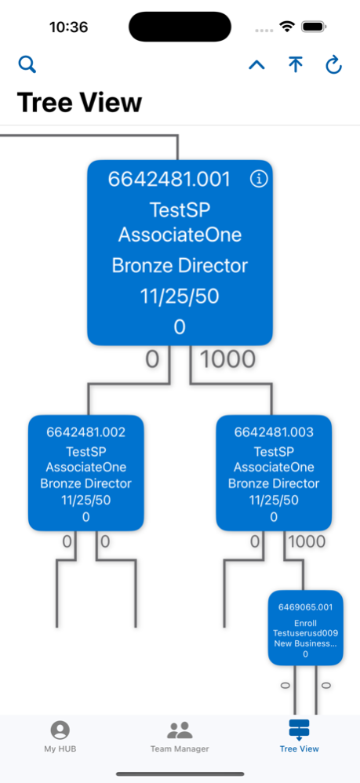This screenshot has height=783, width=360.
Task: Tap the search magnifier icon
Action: pyautogui.click(x=27, y=64)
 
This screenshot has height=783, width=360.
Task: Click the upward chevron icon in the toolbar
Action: pyautogui.click(x=256, y=64)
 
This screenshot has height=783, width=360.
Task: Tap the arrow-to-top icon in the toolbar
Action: pyautogui.click(x=295, y=64)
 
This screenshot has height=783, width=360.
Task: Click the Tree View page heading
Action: pyautogui.click(x=79, y=102)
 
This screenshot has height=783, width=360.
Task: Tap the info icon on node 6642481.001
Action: pyautogui.click(x=259, y=179)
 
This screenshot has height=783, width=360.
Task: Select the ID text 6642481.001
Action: pyautogui.click(x=169, y=179)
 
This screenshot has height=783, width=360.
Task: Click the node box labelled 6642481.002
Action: pyautogui.click(x=85, y=473)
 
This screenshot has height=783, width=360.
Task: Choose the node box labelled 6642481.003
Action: pyautogui.click(x=274, y=473)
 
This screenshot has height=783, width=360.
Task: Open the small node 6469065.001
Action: pyautogui.click(x=306, y=628)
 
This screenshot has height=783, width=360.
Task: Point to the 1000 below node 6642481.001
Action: pyautogui.click(x=227, y=359)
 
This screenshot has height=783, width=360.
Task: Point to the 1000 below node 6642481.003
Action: pyautogui.click(x=307, y=541)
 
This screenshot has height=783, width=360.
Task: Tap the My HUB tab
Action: pyautogui.click(x=60, y=736)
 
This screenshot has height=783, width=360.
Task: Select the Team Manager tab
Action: pyautogui.click(x=180, y=736)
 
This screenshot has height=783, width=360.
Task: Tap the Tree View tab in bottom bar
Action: pyautogui.click(x=299, y=736)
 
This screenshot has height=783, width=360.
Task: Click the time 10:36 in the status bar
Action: pyautogui.click(x=68, y=27)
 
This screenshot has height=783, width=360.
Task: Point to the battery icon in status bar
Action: pyautogui.click(x=314, y=27)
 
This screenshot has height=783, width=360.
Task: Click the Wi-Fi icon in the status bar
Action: pyautogui.click(x=287, y=27)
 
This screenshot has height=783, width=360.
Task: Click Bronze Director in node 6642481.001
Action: pyautogui.click(x=180, y=266)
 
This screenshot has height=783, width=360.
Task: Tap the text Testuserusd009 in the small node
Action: pyautogui.click(x=305, y=633)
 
